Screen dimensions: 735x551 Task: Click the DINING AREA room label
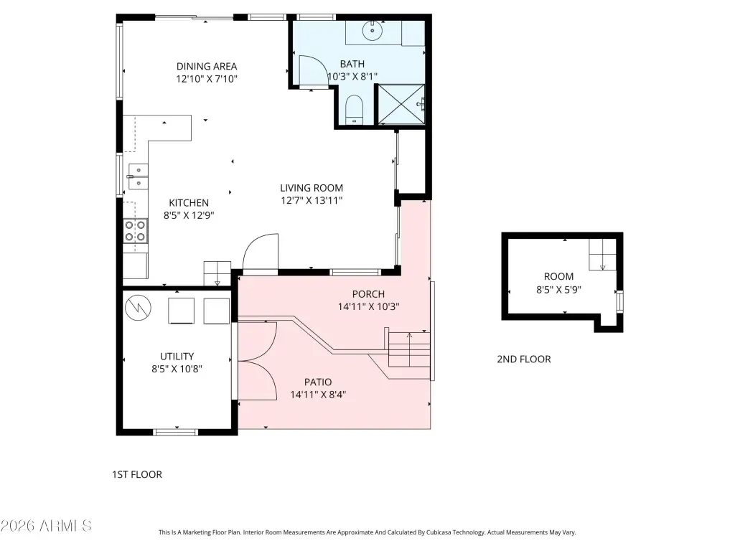point(207,67)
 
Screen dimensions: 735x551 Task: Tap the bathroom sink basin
point(373,31)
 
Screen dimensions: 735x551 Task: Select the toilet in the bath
point(355,110)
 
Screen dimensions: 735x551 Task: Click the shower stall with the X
point(401,105)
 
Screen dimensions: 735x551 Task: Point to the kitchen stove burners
point(136,231)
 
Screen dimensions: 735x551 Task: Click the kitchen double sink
point(138,176)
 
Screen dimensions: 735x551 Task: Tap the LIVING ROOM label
point(312,188)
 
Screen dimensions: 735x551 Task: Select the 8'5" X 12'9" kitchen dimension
point(189,215)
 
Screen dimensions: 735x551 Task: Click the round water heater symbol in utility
point(139,308)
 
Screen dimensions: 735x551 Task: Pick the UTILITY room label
point(177,356)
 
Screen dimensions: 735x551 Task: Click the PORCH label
point(368,294)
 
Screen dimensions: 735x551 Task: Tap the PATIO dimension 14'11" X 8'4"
point(318,395)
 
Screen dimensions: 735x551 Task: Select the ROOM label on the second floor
point(558,276)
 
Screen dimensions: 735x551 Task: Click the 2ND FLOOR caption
point(524,359)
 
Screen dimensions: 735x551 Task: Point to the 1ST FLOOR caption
point(137,475)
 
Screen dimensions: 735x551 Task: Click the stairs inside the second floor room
point(602,255)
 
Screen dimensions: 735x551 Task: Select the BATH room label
point(352,64)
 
